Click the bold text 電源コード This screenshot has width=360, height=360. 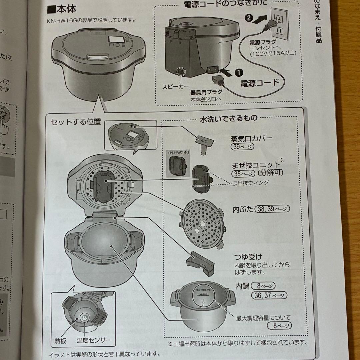259,82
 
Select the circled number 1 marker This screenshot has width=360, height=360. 239,71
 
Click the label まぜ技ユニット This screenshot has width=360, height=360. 256,165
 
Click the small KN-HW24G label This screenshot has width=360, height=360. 178,153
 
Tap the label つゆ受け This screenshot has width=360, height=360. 248,257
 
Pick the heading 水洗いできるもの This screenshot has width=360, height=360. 228,118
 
